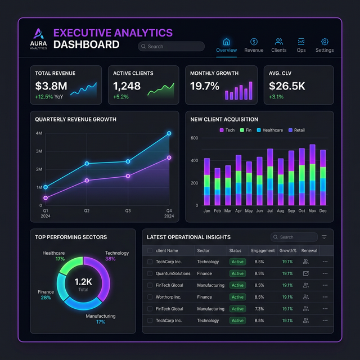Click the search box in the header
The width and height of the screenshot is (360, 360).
tap(171, 47)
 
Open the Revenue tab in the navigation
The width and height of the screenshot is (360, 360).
tap(254, 45)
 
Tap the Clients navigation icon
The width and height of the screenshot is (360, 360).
tap(278, 42)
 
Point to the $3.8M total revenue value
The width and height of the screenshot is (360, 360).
tap(51, 86)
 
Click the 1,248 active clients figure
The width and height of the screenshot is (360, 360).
tap(127, 86)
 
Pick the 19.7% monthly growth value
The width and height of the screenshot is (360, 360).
tap(205, 86)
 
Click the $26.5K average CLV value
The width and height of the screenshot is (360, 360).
tap(287, 86)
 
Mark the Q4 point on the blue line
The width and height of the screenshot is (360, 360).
tap(169, 133)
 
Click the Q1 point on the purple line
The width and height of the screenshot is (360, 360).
tap(46, 198)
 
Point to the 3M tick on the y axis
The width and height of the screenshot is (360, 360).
tap(39, 151)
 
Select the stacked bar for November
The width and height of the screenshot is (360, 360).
tap(312, 175)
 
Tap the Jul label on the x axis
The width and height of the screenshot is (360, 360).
tap(270, 211)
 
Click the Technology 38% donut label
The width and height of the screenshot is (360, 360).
tap(117, 256)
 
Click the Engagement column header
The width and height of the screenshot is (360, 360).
tap(263, 250)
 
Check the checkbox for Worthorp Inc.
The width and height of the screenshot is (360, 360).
tap(150, 297)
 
